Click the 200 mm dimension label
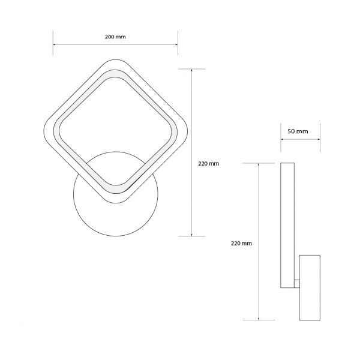[x=115, y=37]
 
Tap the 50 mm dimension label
[x=298, y=131]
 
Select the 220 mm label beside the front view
[x=208, y=163]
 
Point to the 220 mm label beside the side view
[x=241, y=243]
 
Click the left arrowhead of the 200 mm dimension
[x=54, y=44]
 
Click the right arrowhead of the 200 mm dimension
[x=176, y=44]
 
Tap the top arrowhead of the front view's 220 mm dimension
[x=191, y=70]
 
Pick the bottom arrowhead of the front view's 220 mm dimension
[x=191, y=235]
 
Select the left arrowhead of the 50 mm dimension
[x=282, y=139]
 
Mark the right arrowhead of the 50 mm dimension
[x=319, y=139]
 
